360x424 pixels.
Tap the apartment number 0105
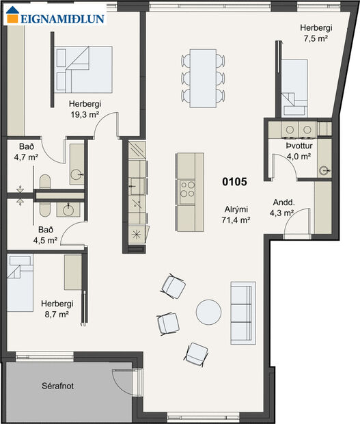[x=234, y=183]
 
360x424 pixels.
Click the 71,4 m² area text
[x=236, y=220]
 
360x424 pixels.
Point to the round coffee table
[x=209, y=313]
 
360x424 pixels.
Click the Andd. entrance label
[x=283, y=202]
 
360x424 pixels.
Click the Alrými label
[x=236, y=210]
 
